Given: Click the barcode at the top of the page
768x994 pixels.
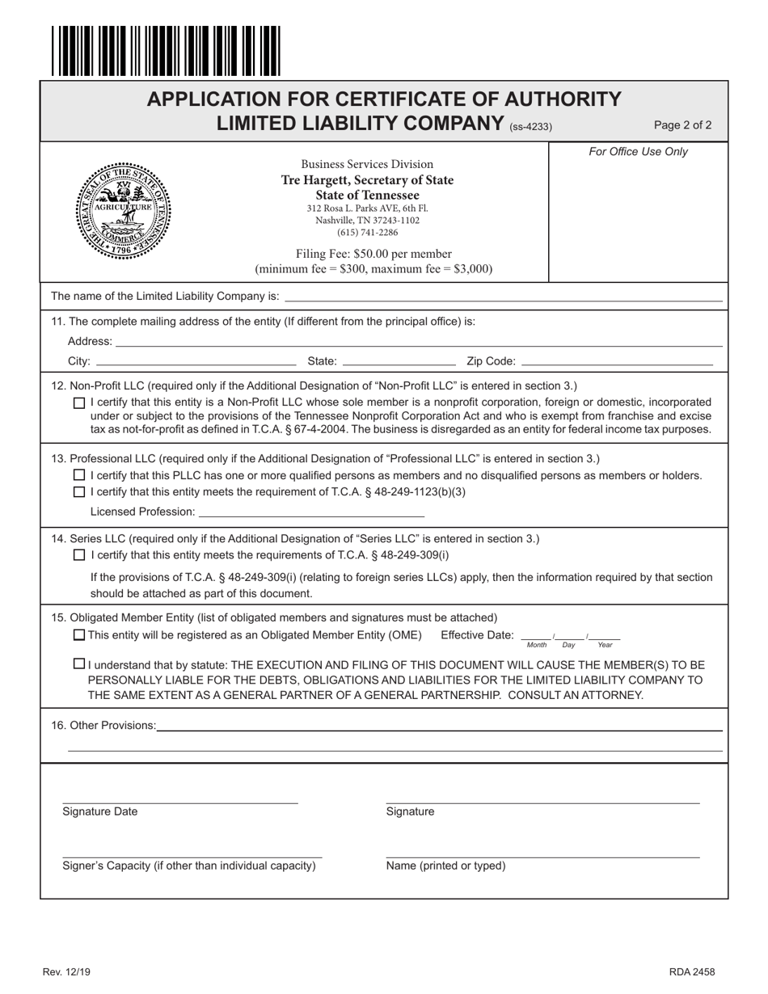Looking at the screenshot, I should tap(166, 51).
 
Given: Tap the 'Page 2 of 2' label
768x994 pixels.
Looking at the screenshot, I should tap(682, 125).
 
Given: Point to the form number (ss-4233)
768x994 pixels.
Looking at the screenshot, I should tap(530, 126).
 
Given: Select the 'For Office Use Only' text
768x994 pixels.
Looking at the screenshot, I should tap(638, 152).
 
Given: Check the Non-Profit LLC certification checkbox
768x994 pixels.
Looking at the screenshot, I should tap(78, 402).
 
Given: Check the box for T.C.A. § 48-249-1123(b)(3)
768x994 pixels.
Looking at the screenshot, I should tap(78, 492).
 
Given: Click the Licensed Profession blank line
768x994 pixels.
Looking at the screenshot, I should tap(311, 512).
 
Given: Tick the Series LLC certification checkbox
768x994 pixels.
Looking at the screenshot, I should tap(78, 555).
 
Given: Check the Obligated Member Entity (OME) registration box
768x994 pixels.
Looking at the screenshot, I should tap(78, 635).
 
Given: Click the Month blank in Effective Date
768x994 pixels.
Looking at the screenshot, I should tap(537, 636).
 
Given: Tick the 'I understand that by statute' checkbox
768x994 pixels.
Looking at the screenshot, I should tap(78, 664).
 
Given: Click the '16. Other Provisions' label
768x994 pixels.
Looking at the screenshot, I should tap(103, 726).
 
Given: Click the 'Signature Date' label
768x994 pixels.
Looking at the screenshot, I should tap(99, 812).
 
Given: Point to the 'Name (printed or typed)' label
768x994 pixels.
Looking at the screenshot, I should tap(445, 866).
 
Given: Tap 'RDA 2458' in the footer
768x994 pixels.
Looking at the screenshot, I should tap(691, 972).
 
